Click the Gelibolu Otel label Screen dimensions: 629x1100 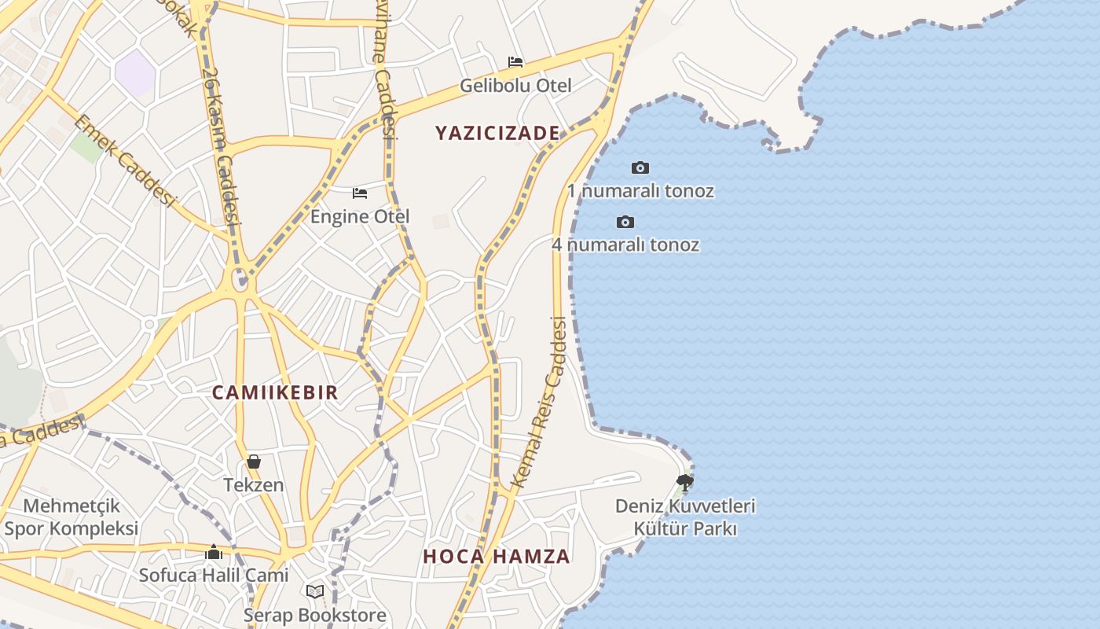point(515,85)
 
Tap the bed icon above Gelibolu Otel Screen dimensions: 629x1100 point(515,61)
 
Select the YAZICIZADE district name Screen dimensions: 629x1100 point(497,133)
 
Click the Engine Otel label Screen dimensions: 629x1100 point(360,216)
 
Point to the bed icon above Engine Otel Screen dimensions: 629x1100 point(360,193)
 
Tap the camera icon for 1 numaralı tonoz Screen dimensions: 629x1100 point(640,167)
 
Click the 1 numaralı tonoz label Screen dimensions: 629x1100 point(640,191)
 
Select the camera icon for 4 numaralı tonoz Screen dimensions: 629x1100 point(625,222)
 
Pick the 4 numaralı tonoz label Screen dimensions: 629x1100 point(625,245)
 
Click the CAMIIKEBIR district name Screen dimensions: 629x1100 point(275,392)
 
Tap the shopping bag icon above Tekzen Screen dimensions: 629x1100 point(254,462)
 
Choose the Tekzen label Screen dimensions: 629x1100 point(254,485)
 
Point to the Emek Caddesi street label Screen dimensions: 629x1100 point(124,160)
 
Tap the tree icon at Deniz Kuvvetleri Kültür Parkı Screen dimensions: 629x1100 point(685,482)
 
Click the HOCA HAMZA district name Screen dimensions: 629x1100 point(497,557)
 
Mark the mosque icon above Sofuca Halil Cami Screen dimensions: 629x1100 point(214,552)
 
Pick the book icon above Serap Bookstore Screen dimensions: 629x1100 point(315,591)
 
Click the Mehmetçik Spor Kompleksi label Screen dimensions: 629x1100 point(71,517)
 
